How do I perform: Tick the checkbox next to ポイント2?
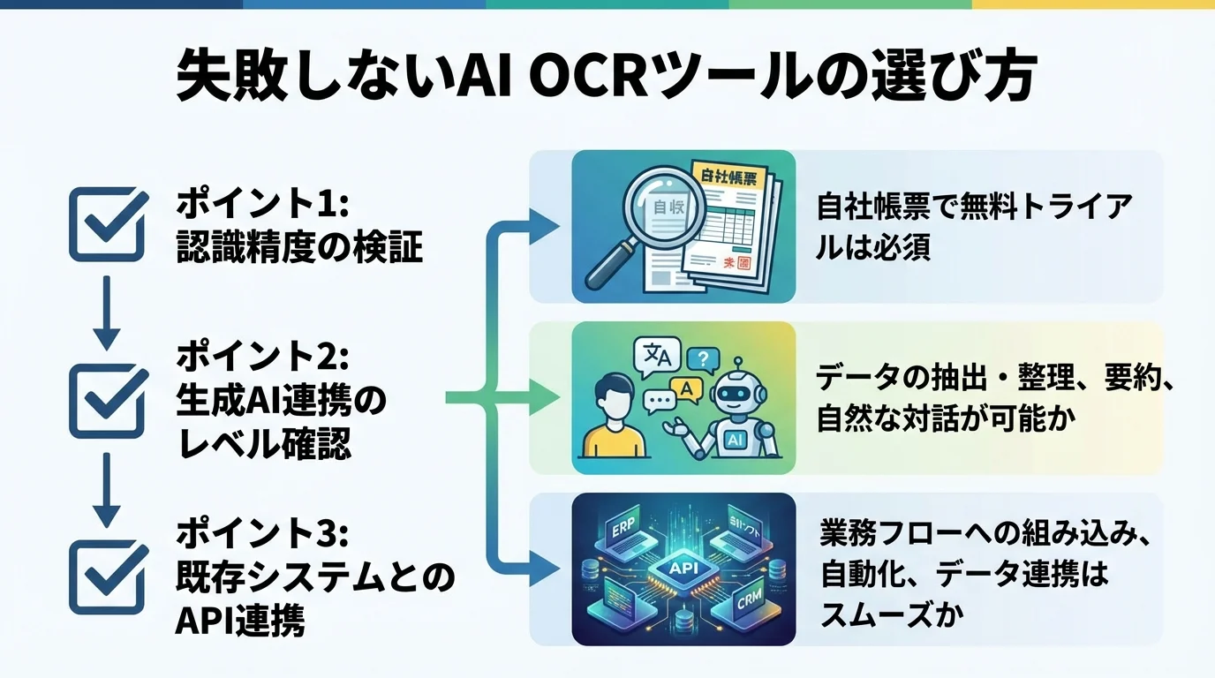click(x=106, y=401)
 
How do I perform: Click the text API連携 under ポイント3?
click(x=240, y=622)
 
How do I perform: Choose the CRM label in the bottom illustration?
click(x=750, y=605)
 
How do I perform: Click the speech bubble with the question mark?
click(x=703, y=359)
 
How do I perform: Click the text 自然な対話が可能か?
click(x=945, y=418)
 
